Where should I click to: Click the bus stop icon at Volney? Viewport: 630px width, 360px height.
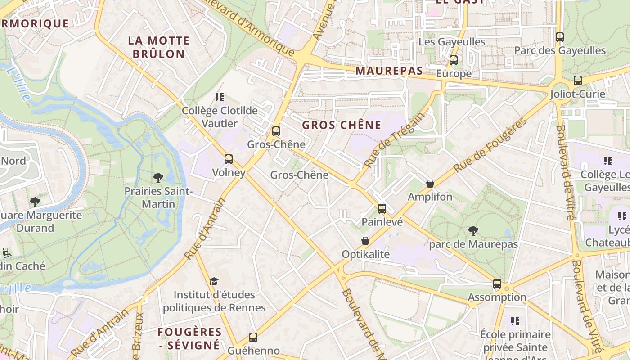(229, 159)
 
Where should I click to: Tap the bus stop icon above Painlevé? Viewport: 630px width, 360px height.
(382, 208)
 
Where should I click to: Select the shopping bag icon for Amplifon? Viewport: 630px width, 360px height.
(430, 184)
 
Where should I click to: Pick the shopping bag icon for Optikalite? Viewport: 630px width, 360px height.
(365, 241)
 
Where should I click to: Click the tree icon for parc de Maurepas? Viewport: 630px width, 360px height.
(473, 231)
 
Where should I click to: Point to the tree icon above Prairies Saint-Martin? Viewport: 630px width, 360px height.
(158, 178)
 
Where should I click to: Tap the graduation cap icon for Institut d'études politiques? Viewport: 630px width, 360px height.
(214, 281)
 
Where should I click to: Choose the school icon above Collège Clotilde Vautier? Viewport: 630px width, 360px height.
(220, 97)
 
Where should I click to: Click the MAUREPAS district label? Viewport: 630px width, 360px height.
(389, 71)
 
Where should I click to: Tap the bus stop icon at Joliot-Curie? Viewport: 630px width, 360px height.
(578, 81)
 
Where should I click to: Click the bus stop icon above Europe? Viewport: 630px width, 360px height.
(454, 60)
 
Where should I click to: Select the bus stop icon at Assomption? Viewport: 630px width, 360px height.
(497, 284)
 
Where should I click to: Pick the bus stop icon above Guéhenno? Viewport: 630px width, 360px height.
(253, 337)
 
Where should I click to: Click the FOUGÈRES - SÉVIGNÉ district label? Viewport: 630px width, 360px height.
(189, 338)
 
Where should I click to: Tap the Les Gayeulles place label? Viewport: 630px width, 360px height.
(452, 42)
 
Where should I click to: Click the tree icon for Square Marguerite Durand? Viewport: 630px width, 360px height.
(35, 202)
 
